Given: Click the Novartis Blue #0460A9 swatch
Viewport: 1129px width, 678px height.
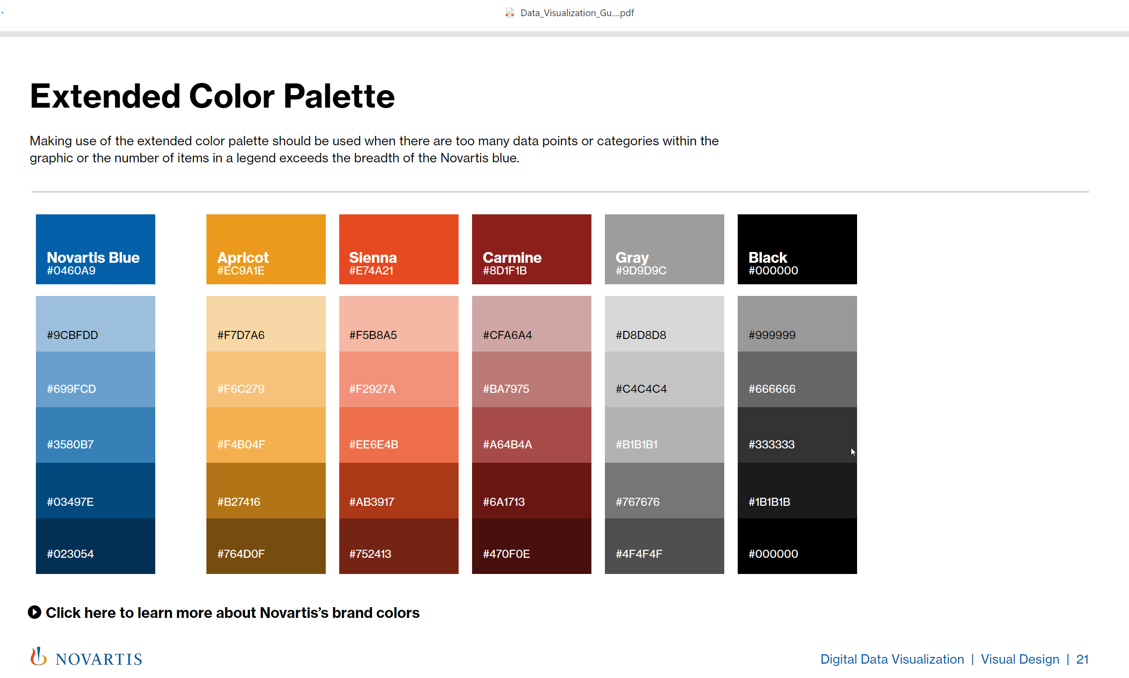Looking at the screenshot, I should point(95,249).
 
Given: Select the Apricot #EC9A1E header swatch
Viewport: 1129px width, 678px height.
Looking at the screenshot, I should point(266,249).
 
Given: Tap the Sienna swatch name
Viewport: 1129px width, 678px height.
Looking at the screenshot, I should point(372,257).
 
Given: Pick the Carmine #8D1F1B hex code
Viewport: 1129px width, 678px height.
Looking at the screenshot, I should point(505,271).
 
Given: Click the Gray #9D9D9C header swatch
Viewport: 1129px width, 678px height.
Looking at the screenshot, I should point(664,249).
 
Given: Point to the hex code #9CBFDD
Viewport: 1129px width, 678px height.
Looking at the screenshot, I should point(72,335).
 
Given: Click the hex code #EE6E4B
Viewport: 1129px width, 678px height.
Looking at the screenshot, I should point(373,444).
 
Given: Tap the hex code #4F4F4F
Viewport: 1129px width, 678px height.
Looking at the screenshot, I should point(639,554).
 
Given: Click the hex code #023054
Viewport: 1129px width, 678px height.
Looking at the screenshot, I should point(70,554).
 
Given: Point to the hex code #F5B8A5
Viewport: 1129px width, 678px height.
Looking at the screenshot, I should point(372,335).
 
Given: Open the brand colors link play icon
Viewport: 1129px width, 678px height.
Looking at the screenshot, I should point(34,612).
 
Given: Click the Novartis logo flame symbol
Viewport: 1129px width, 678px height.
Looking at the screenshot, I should point(39,656).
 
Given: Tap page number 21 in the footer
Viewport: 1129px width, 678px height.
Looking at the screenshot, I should point(1082,659).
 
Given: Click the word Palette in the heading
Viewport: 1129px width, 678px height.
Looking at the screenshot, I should point(339,96).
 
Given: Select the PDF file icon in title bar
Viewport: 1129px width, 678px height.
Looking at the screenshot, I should point(510,13).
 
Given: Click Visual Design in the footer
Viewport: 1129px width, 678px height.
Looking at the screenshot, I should point(1020,659).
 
